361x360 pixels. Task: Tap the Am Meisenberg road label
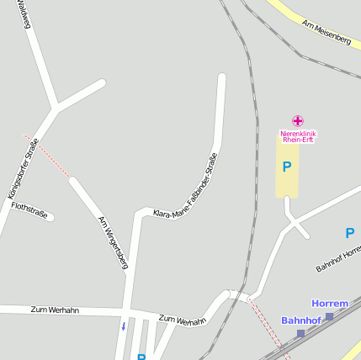pyautogui.click(x=326, y=34)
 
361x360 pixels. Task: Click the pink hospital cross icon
pyautogui.click(x=297, y=121)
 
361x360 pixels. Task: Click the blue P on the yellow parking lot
pyautogui.click(x=287, y=167)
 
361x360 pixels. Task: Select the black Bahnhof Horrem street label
pyautogui.click(x=338, y=258)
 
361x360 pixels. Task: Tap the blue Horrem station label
pyautogui.click(x=330, y=303)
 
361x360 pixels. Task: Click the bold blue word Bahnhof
pyautogui.click(x=301, y=320)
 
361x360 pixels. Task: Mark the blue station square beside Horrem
pyautogui.click(x=329, y=316)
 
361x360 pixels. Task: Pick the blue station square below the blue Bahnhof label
pyautogui.click(x=300, y=334)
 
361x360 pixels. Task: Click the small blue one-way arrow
pyautogui.click(x=123, y=326)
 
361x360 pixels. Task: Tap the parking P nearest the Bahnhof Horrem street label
pyautogui.click(x=350, y=233)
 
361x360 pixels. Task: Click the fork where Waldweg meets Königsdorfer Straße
pyautogui.click(x=56, y=107)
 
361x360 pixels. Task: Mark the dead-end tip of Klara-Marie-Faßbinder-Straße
pyautogui.click(x=222, y=77)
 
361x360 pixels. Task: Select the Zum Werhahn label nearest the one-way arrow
pyautogui.click(x=182, y=320)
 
